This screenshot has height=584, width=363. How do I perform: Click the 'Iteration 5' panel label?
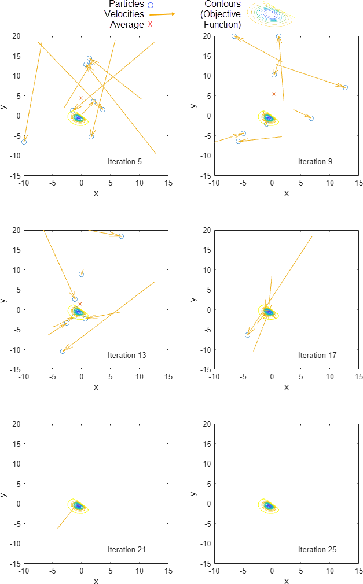[124, 161]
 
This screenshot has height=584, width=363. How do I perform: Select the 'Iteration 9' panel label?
[315, 161]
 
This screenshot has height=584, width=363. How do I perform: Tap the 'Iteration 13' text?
[126, 355]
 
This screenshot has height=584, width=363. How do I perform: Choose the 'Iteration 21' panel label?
[126, 549]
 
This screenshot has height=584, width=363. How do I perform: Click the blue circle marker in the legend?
[151, 5]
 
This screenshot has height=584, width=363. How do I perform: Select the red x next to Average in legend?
[150, 24]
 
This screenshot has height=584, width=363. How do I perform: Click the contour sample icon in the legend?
[270, 14]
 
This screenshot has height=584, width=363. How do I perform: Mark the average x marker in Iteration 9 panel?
[274, 94]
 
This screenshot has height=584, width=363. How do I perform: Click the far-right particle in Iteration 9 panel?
[345, 87]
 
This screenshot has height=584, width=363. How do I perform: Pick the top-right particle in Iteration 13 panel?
[121, 236]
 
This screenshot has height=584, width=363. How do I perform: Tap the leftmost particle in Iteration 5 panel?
[24, 142]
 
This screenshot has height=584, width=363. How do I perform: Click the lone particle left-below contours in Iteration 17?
[248, 335]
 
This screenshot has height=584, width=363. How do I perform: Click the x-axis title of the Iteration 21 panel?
[96, 581]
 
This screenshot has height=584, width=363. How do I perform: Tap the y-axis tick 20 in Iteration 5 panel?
[17, 36]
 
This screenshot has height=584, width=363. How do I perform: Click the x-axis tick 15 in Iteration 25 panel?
[359, 571]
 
